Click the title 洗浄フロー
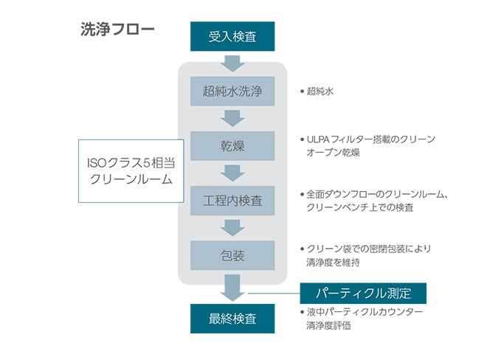(x=117, y=30)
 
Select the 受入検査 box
(x=232, y=36)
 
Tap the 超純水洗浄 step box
(x=232, y=91)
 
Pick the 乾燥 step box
(x=232, y=145)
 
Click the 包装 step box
(x=232, y=255)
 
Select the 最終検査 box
(x=232, y=319)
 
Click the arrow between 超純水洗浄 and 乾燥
(x=232, y=118)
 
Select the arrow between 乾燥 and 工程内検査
(x=232, y=173)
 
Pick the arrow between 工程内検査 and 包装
(x=232, y=228)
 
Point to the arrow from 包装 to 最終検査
(x=232, y=288)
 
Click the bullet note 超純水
(x=321, y=92)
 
